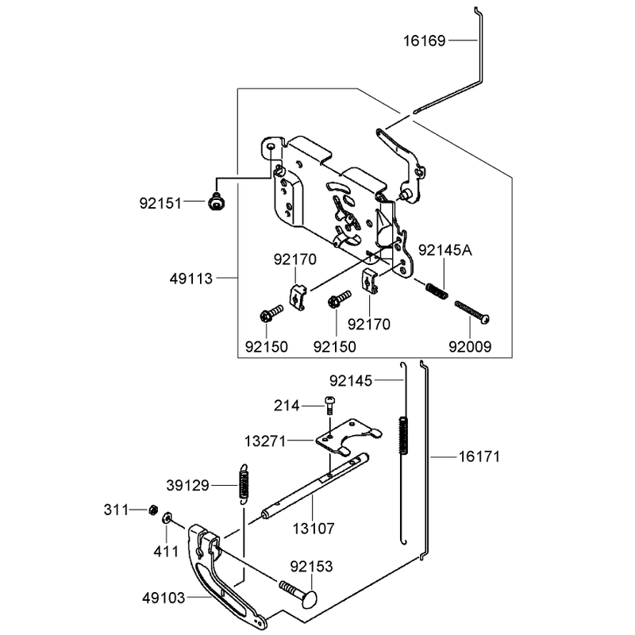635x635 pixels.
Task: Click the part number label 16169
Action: click(424, 41)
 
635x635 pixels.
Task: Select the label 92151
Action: click(161, 203)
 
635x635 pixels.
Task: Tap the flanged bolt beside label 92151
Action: click(217, 202)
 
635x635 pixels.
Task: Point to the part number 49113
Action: click(190, 279)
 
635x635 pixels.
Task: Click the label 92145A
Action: click(445, 250)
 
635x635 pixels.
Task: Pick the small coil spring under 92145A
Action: click(437, 291)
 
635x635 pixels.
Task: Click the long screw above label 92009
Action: click(471, 312)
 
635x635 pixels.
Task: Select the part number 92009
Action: click(470, 347)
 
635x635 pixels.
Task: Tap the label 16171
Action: click(479, 457)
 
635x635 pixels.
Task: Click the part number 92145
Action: click(351, 381)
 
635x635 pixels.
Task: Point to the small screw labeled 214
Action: click(330, 405)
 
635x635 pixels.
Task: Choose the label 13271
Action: click(265, 441)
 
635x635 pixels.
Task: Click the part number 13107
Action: click(314, 529)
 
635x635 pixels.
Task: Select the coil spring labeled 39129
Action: click(244, 484)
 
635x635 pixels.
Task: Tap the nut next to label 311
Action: click(153, 510)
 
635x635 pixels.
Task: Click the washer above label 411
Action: click(167, 518)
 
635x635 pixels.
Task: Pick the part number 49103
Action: click(164, 598)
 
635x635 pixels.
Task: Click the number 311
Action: click(116, 510)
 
